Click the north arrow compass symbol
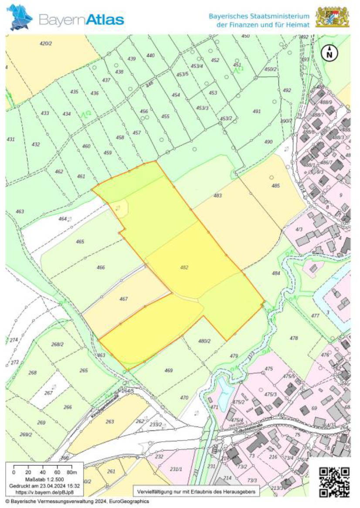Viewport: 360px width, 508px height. [330, 52]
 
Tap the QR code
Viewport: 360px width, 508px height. [334, 482]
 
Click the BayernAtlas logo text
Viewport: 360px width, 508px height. [82, 19]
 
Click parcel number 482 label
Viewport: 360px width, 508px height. [184, 267]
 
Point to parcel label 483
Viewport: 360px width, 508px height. [217, 196]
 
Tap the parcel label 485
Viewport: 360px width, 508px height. [275, 186]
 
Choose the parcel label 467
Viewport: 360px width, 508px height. [123, 299]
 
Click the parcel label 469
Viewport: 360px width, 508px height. [169, 370]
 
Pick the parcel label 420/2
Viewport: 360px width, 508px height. [46, 44]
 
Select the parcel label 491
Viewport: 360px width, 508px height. [256, 111]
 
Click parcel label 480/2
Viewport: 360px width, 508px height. [204, 341]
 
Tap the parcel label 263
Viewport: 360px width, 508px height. [110, 421]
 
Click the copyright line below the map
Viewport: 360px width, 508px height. [77, 501]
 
